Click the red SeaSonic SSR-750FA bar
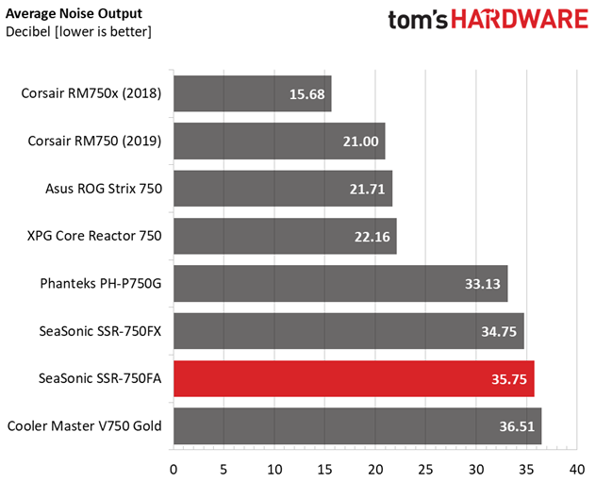click(x=354, y=378)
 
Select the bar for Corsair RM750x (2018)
click(x=253, y=93)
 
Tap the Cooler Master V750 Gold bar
click(x=357, y=425)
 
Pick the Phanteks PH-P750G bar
click(x=340, y=283)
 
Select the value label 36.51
click(x=517, y=426)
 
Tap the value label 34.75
click(x=499, y=331)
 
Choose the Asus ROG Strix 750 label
click(x=104, y=189)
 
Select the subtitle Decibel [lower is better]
click(x=78, y=32)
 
